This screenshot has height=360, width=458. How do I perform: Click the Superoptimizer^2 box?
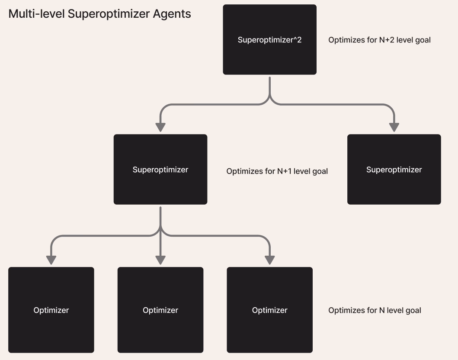coord(269,39)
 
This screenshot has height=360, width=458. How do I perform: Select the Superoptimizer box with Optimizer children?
coord(160,169)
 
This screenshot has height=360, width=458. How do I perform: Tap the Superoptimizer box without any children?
coord(394,169)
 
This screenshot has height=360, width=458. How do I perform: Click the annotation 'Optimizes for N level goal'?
coord(375,310)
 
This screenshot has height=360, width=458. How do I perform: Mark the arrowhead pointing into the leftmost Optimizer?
coord(51,260)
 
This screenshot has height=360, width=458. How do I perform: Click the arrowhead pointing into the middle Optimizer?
coord(160,260)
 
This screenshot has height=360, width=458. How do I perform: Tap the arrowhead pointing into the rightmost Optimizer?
coord(269,260)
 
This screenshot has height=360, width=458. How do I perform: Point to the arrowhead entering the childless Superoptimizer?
coord(394,127)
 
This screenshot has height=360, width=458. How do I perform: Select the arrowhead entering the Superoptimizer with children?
coord(160,127)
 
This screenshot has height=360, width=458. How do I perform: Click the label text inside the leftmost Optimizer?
coord(51,310)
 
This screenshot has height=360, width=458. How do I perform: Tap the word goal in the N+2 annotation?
coord(422,40)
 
